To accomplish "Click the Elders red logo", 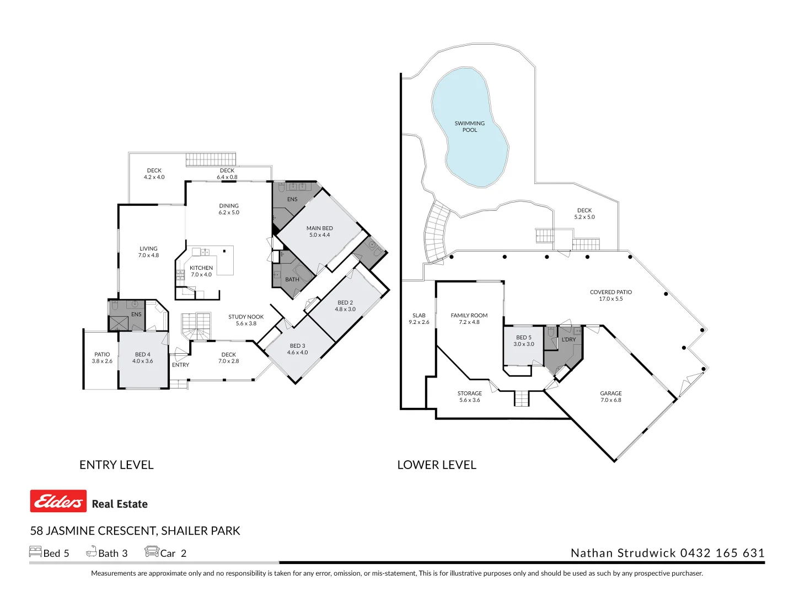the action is (x=58, y=501).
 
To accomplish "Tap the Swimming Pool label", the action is (x=470, y=127).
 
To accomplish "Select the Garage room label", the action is (x=610, y=393).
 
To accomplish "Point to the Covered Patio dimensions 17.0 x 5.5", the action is (x=610, y=299).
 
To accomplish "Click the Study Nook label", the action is (x=246, y=317).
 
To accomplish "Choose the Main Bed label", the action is (x=319, y=228).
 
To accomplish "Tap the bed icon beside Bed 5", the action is (x=35, y=551).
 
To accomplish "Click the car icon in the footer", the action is (x=152, y=551).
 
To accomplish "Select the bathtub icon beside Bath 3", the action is (x=91, y=551).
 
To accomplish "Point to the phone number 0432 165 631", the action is (x=722, y=553).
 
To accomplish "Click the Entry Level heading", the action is (x=116, y=465).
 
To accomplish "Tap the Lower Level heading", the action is (x=437, y=465).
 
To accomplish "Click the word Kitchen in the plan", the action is (x=201, y=268).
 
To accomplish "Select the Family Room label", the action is (x=469, y=315).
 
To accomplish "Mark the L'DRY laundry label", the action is (x=568, y=339).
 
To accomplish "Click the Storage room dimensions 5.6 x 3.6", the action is (x=470, y=400).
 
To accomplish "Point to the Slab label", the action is (x=419, y=315).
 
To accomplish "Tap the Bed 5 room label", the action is (x=524, y=337).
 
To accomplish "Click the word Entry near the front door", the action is (x=180, y=365).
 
